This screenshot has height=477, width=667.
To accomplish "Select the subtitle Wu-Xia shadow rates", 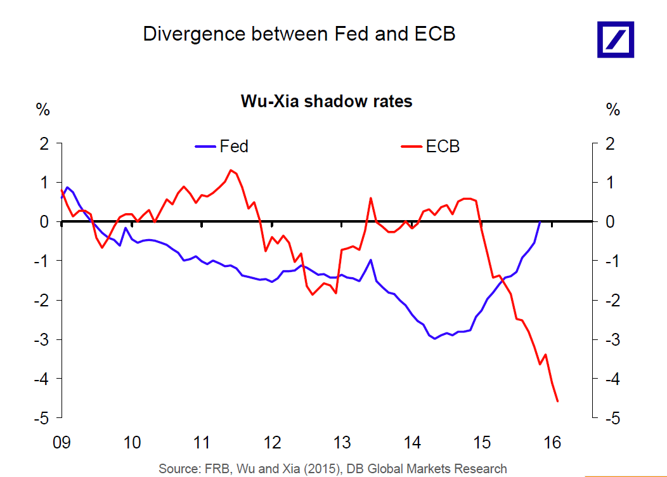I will coord(326,101).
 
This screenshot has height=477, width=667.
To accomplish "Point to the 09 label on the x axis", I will coord(62,441).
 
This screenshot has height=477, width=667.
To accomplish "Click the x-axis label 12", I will coord(272,441).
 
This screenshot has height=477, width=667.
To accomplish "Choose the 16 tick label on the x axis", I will coord(552,441).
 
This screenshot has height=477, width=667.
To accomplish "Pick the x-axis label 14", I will coord(412,441).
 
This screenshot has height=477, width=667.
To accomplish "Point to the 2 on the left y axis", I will coord(44,144).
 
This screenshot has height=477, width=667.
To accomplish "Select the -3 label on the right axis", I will coord(610,340).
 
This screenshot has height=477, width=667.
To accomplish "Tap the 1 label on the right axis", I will coord(610,183).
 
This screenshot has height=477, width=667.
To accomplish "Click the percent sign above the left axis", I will coord(42,110).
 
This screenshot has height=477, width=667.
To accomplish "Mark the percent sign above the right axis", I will coord(612,110).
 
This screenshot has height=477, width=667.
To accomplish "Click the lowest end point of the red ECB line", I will coord(557,401).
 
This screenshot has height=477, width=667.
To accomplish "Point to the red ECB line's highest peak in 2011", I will coord(231,170).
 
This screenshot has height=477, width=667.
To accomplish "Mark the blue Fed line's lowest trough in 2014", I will coord(435,339).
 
